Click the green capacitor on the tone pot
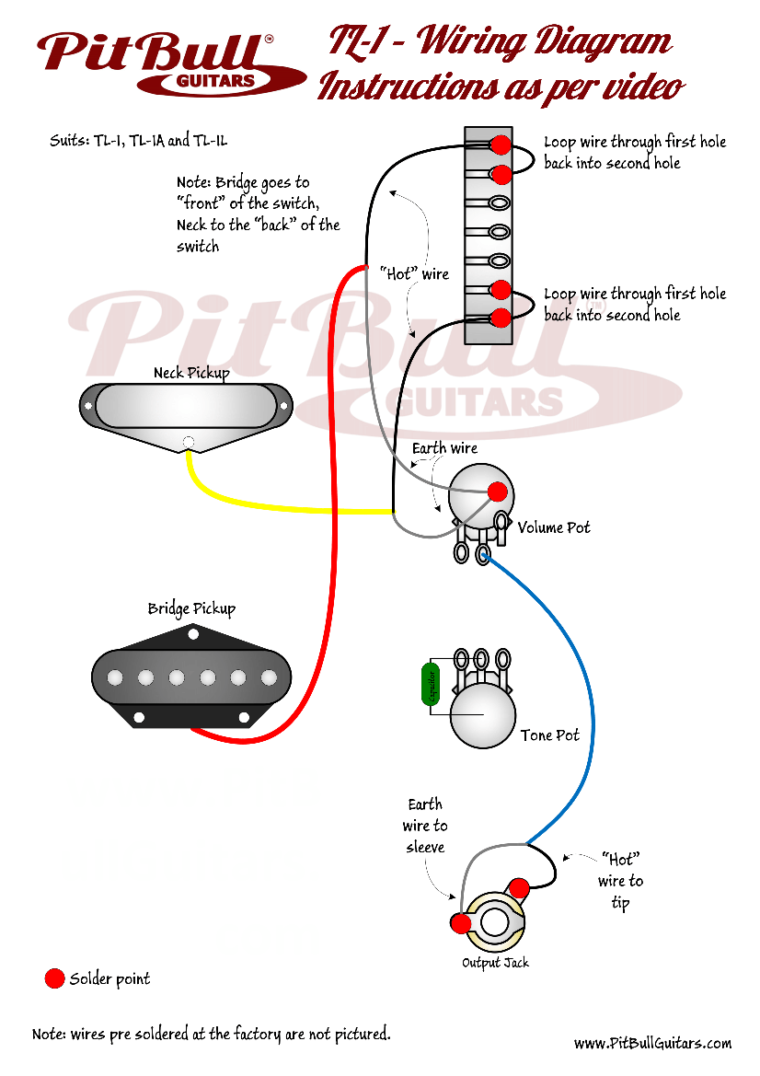(430, 684)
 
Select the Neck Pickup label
(190, 373)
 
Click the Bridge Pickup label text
(191, 608)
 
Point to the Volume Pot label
(554, 527)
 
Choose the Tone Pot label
(550, 735)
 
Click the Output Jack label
(495, 963)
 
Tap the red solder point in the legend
(55, 978)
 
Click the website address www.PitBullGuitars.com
(652, 1043)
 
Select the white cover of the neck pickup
(186, 405)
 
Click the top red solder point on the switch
(501, 145)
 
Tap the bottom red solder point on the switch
(501, 318)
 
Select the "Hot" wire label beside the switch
(414, 274)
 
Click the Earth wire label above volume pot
(444, 448)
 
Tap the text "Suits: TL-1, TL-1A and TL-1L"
(138, 141)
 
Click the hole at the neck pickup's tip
(189, 442)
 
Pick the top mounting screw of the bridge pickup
(192, 633)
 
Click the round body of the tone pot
(482, 716)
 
